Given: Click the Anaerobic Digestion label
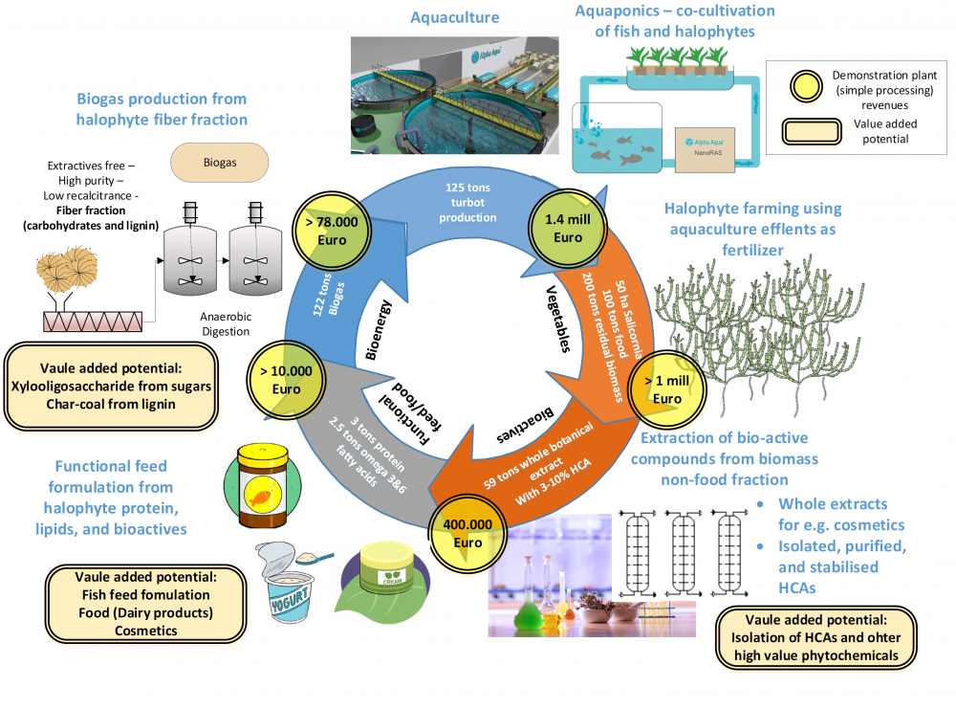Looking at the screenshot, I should [226, 323].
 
